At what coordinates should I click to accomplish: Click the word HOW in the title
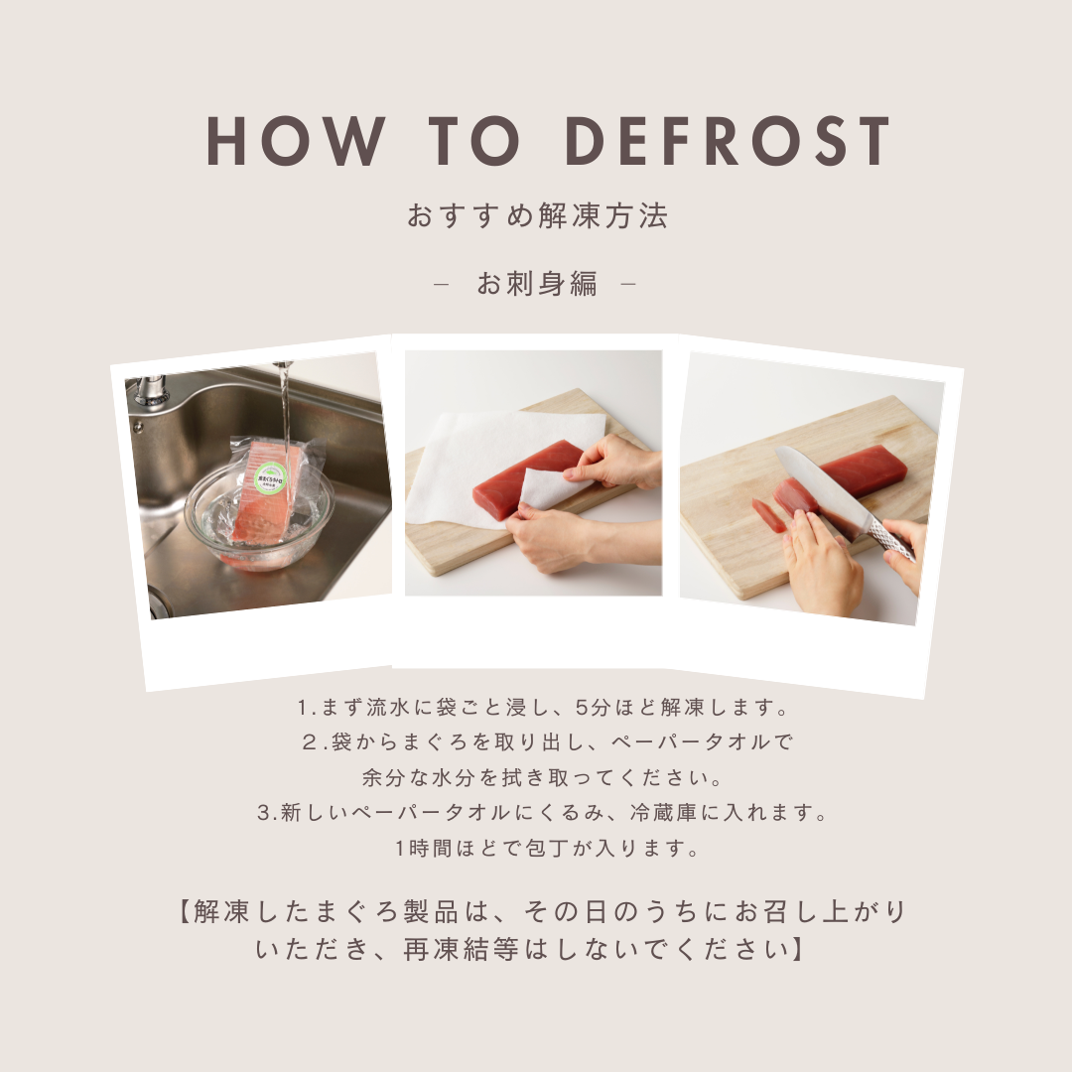point(296,141)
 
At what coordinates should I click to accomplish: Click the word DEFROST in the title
point(729,141)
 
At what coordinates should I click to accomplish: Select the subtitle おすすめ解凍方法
point(537,215)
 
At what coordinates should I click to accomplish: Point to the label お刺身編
point(537,283)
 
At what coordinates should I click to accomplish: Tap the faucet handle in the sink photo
point(152,390)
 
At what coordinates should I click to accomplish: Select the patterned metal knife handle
point(891,539)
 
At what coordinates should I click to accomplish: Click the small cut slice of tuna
point(769,515)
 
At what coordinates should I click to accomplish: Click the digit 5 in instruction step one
point(582,707)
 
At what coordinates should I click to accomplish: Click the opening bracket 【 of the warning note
point(184,912)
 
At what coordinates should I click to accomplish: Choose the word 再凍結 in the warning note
point(447,950)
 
